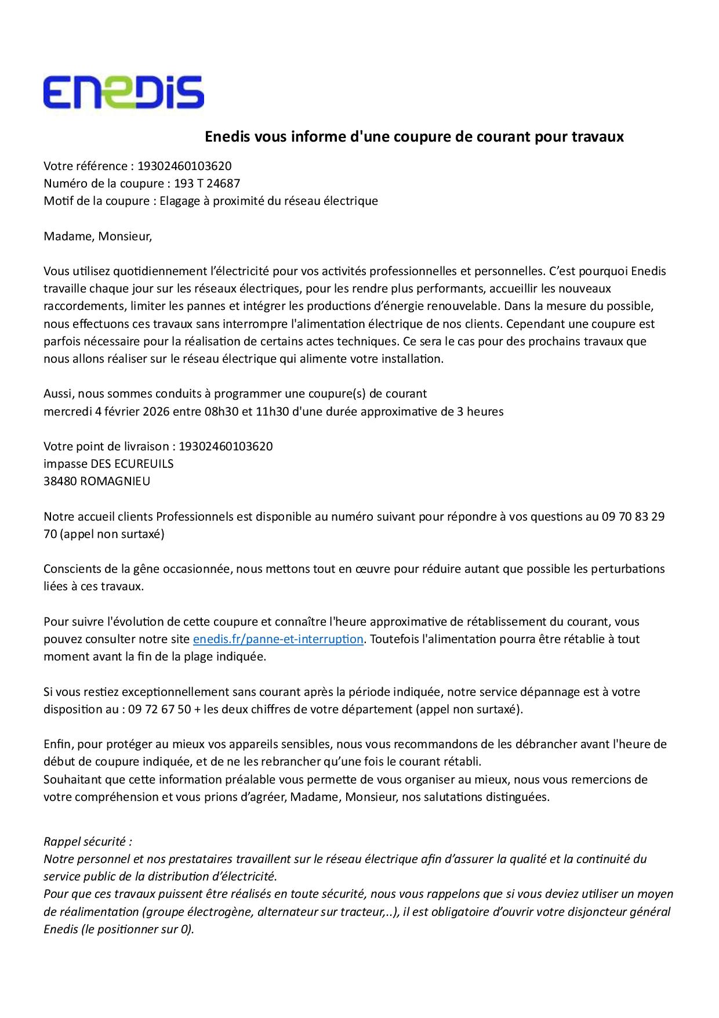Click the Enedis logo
124,92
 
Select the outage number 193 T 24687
207,183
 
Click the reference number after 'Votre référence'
184,166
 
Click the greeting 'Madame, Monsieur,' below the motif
98,236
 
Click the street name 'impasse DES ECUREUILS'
108,464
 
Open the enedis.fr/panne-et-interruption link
278,639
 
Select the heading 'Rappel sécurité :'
88,841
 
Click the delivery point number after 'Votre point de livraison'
226,446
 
